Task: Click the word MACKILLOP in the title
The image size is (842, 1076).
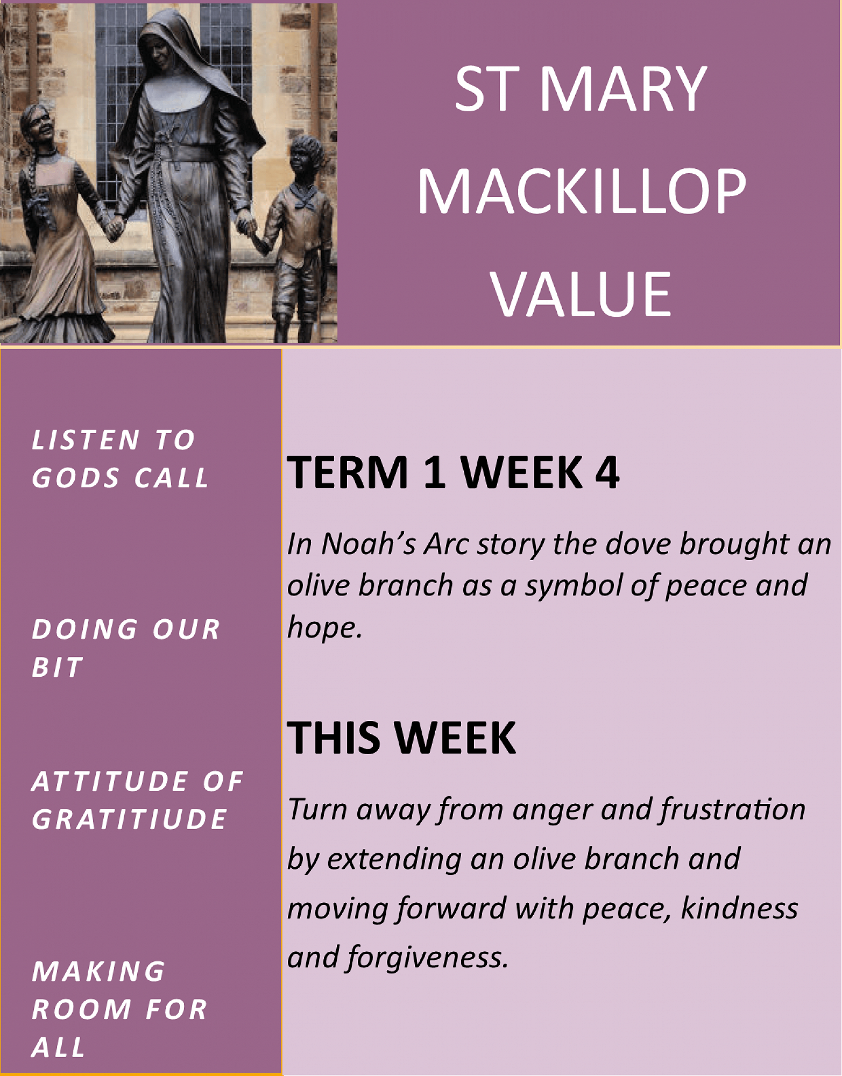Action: click(582, 191)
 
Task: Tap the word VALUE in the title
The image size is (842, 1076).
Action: click(581, 294)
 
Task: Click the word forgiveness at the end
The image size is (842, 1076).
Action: click(427, 958)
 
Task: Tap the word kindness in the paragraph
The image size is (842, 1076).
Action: click(740, 908)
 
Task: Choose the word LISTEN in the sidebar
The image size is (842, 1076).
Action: click(87, 440)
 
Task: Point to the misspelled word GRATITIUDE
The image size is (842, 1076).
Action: click(130, 819)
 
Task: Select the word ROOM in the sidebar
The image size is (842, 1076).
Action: click(81, 1009)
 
